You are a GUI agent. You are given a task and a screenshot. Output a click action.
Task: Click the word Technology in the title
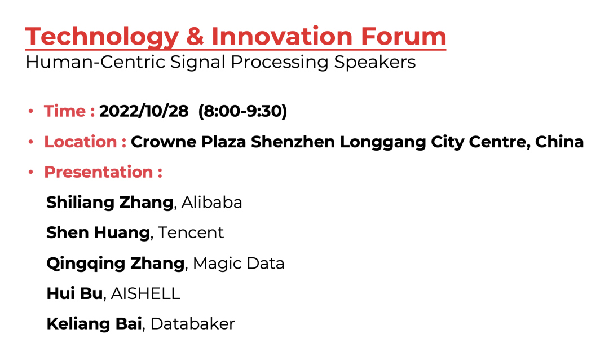click(x=102, y=37)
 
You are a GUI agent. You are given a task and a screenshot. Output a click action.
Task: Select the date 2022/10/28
click(x=144, y=111)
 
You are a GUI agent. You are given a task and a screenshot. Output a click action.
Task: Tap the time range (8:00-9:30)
click(x=242, y=111)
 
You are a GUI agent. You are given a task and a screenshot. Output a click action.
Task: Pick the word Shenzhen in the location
click(x=293, y=142)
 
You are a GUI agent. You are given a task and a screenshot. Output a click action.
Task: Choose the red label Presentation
click(x=99, y=172)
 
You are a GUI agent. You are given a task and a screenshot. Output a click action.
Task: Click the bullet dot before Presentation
click(x=31, y=172)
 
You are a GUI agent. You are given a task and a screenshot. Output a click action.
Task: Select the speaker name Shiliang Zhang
click(x=110, y=202)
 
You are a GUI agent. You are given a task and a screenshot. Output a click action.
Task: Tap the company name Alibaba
click(x=212, y=202)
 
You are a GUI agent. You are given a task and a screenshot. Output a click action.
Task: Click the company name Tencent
click(x=191, y=232)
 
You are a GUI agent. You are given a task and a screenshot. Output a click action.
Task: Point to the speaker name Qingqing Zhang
click(x=116, y=263)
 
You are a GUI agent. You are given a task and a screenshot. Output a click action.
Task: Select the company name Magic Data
click(x=239, y=263)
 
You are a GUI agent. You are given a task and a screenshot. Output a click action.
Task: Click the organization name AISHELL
click(x=145, y=293)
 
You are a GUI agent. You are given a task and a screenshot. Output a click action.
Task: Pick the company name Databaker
click(x=193, y=324)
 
